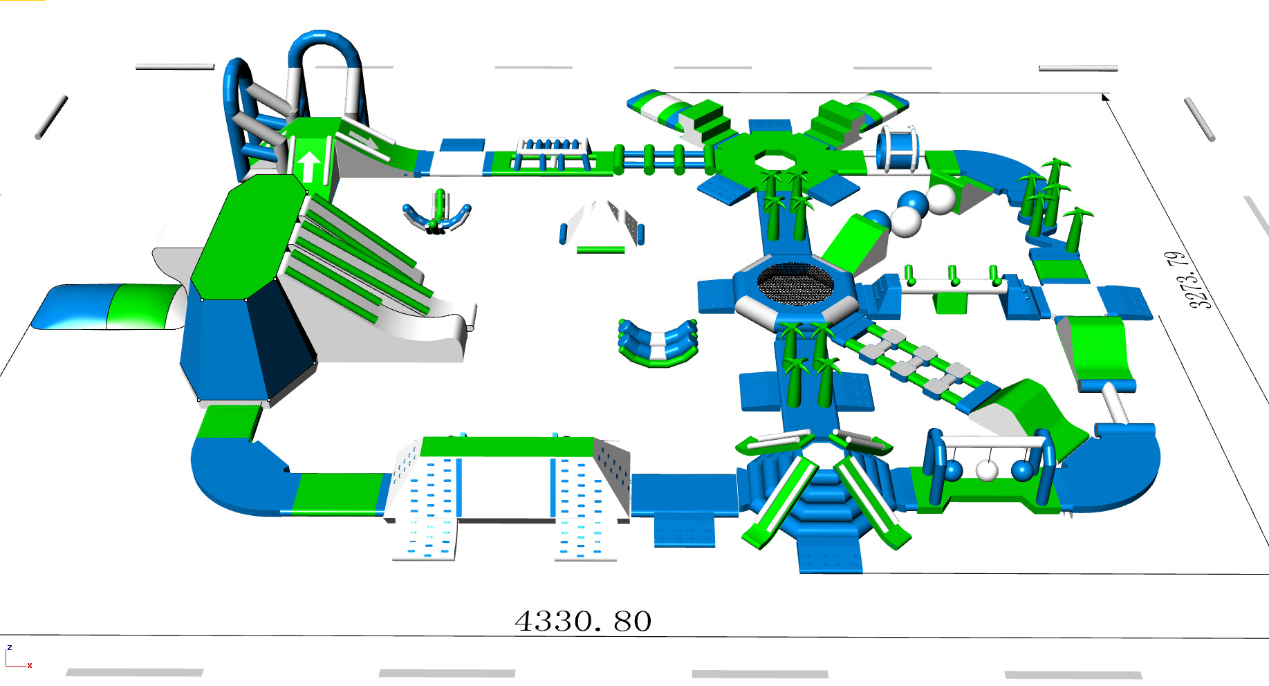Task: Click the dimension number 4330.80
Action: tap(583, 621)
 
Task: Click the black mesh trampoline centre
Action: tap(795, 283)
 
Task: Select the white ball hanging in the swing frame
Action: tap(987, 470)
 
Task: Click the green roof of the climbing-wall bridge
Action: tap(507, 447)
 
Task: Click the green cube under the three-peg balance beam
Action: tap(951, 303)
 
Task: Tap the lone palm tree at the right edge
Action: tap(1077, 229)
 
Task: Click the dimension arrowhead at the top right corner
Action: tap(1106, 97)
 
